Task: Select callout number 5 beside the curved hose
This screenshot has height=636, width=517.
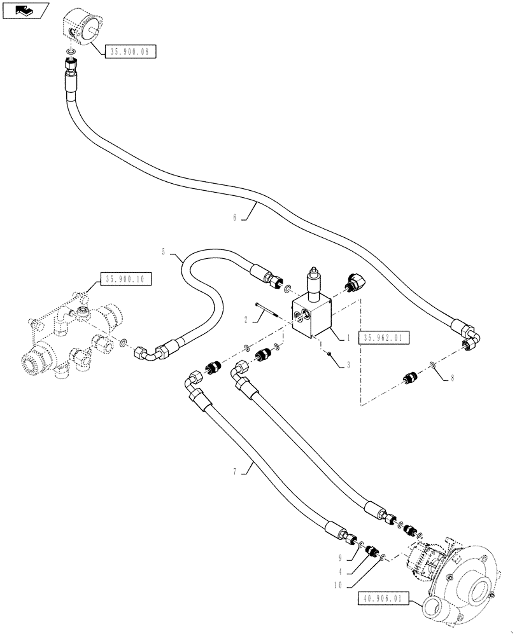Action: (x=164, y=252)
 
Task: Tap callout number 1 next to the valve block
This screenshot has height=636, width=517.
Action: (x=349, y=339)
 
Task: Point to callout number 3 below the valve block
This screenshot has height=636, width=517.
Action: (x=348, y=366)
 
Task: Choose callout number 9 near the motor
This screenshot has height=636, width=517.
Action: (x=341, y=558)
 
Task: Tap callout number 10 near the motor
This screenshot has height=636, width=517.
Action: (x=341, y=584)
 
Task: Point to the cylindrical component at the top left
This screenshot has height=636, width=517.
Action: (x=85, y=27)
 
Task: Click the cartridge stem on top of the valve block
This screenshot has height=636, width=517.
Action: (x=313, y=282)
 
